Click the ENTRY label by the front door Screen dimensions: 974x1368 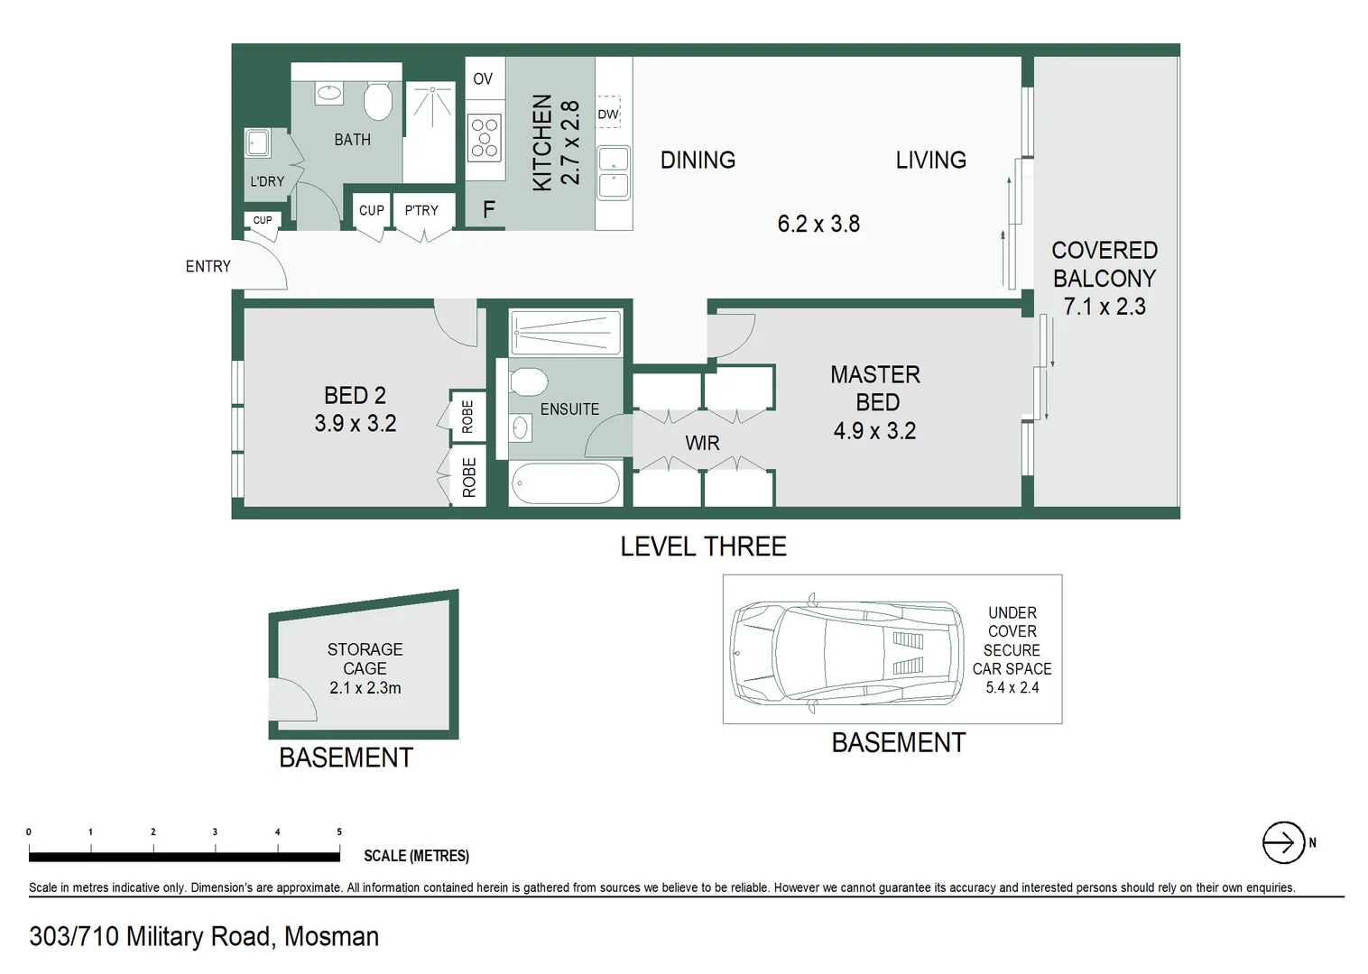[208, 266]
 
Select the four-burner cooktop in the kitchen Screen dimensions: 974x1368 [485, 138]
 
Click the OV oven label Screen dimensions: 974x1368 [483, 79]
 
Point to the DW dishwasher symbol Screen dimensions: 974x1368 [608, 114]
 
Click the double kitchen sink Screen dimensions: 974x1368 [614, 172]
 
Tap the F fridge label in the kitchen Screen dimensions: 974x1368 [488, 210]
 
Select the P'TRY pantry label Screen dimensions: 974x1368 [421, 210]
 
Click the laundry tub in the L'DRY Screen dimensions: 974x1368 [258, 142]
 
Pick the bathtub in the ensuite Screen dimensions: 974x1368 [565, 483]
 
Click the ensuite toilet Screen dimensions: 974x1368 [528, 381]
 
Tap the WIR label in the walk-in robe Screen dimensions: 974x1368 [702, 443]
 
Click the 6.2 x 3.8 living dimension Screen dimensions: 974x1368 [818, 224]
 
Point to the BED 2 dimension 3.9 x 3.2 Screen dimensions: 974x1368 [356, 423]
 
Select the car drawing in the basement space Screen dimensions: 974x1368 [846, 650]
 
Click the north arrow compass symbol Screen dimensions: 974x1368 [1283, 843]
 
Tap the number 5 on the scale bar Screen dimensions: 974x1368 [339, 832]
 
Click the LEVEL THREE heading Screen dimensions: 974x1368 [703, 547]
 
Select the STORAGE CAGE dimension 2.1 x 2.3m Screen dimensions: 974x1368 [365, 687]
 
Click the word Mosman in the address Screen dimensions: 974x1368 [331, 937]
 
